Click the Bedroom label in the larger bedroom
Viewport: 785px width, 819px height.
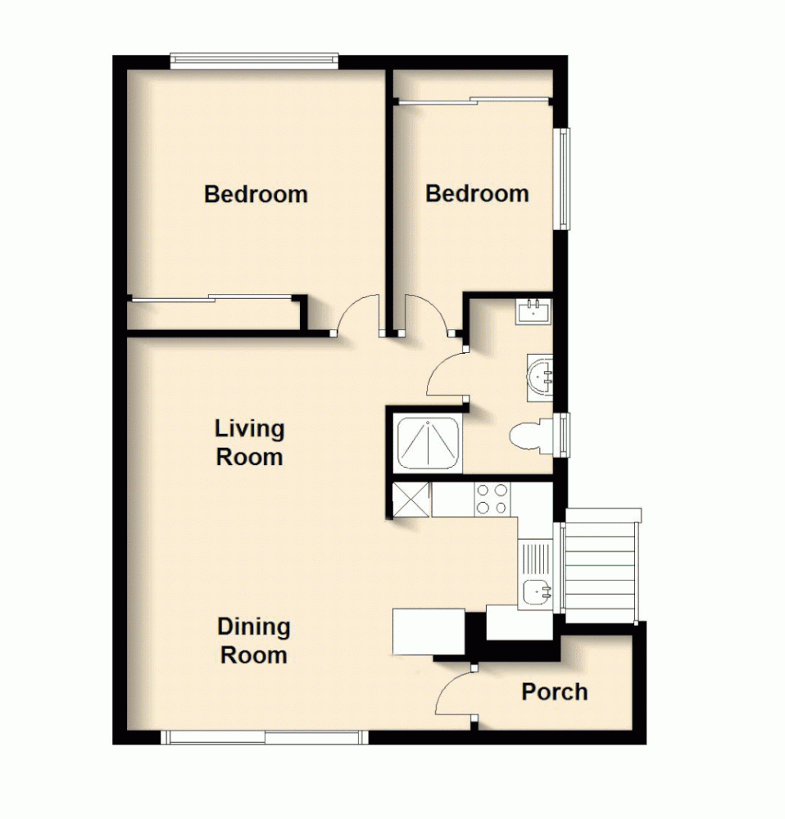click(x=256, y=195)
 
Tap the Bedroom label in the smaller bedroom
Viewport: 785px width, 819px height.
click(x=477, y=194)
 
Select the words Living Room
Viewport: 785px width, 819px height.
click(x=250, y=442)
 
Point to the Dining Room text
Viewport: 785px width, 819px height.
click(x=254, y=641)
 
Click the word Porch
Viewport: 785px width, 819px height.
click(x=555, y=692)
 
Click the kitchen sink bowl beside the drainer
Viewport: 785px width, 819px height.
click(x=538, y=590)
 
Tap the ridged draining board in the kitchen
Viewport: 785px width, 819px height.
click(x=538, y=557)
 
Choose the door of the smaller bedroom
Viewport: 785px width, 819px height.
click(x=426, y=314)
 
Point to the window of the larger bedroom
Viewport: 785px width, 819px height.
click(x=254, y=60)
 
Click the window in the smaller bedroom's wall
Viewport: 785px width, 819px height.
click(x=563, y=178)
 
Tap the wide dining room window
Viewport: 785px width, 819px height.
click(x=264, y=738)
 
